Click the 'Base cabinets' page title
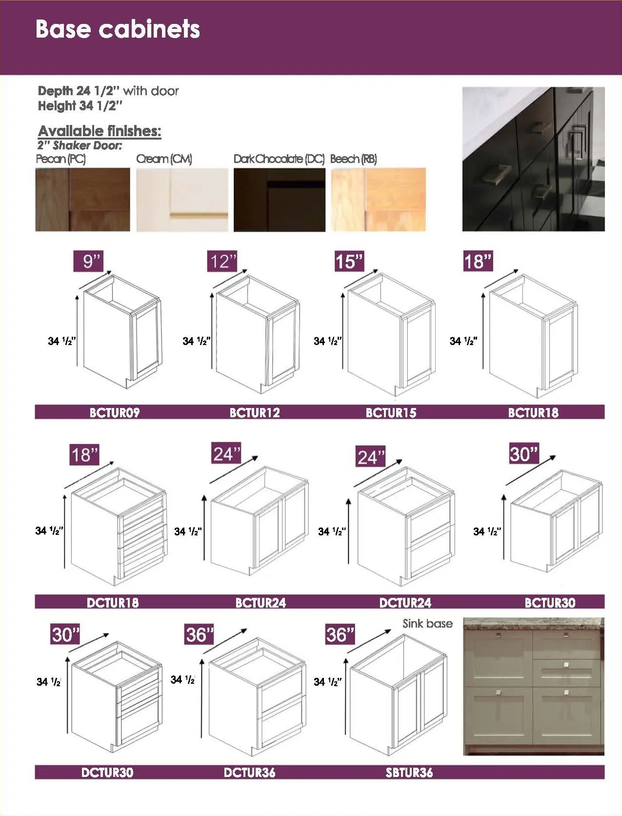point(118,29)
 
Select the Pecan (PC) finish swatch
point(82,200)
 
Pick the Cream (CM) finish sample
point(182,200)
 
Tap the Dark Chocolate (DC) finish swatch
point(279,200)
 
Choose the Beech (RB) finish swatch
point(378,200)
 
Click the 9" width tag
point(89,261)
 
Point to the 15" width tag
point(349,261)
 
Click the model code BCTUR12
point(255,413)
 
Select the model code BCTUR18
point(533,413)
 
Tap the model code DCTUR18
point(113,603)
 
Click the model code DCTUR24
point(405,603)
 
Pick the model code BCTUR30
point(550,603)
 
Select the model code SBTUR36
point(409,773)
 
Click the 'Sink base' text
point(427,624)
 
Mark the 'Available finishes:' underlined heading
point(100,131)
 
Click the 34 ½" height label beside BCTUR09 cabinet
point(61,341)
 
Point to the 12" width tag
point(222,261)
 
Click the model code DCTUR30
point(107,773)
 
